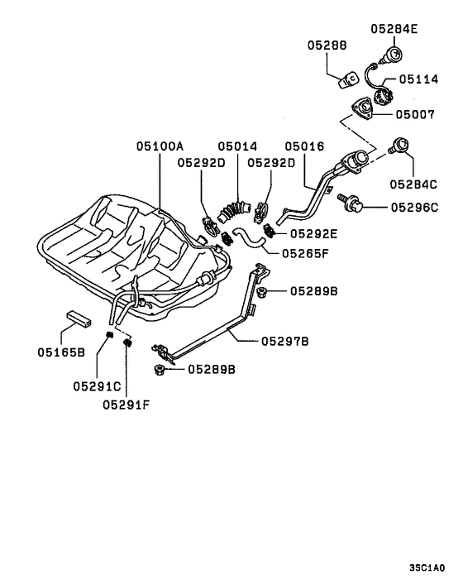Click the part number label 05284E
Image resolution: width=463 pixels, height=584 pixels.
pos(394,29)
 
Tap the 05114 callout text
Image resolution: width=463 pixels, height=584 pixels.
pos(421,80)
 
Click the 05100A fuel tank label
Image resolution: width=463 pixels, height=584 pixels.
pos(160,146)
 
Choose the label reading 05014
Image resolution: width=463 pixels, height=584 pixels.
pos(236,146)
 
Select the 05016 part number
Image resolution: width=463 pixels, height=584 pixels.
pos(304,146)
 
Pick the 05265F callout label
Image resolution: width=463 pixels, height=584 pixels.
pos(306,253)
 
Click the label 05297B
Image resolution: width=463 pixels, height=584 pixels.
pos(285,340)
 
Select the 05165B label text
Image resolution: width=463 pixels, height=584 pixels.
pos(60,352)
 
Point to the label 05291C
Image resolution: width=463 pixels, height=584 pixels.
pos(96,385)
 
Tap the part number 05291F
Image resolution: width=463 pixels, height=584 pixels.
pos(126,404)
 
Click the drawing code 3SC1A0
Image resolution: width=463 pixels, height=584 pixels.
pos(427,568)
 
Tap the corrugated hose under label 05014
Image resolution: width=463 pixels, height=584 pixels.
pos(236,210)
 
